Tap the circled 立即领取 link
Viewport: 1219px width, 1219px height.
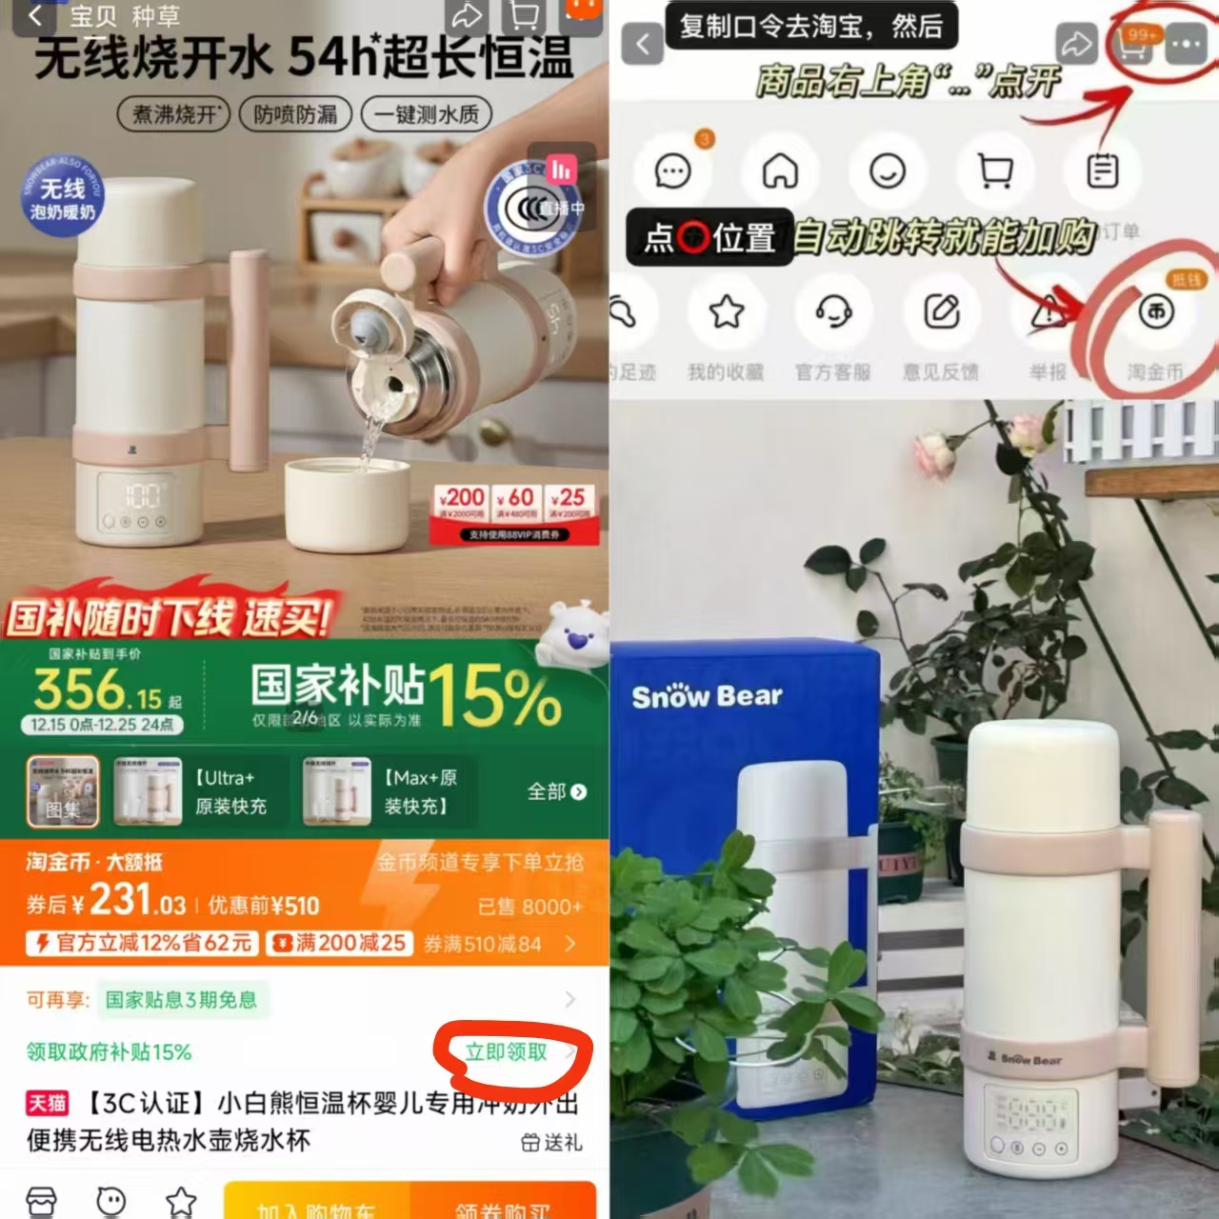click(507, 1052)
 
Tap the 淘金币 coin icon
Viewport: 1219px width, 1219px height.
click(1156, 312)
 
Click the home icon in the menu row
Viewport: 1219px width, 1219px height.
click(780, 172)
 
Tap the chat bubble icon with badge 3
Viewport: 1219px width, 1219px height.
click(673, 172)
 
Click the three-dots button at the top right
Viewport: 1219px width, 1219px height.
click(1185, 45)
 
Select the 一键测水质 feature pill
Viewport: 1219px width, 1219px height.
click(425, 115)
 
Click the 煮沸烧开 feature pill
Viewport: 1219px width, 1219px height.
click(175, 115)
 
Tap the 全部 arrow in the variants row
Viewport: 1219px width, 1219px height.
click(557, 791)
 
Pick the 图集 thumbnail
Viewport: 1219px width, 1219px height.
click(62, 791)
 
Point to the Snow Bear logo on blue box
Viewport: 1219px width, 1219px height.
click(707, 696)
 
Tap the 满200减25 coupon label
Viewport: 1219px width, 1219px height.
click(340, 943)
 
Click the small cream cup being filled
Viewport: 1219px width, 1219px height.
click(348, 504)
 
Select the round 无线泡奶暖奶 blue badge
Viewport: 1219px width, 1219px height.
click(63, 199)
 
